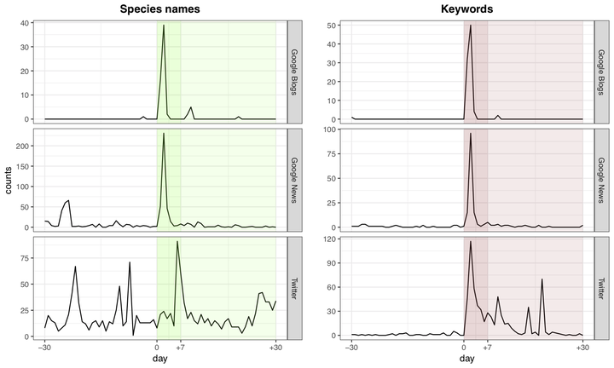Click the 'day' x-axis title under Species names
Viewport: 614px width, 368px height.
160,361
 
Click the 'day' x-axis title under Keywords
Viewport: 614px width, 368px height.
466,361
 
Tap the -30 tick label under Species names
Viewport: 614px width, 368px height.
44,348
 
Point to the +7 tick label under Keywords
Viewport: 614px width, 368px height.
488,348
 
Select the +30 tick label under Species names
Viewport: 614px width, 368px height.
275,348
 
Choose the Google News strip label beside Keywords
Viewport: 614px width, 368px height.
600,180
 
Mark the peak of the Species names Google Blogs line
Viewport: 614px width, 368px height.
164,26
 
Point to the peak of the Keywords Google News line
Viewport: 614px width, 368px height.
471,134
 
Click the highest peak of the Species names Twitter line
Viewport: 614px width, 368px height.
177,242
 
